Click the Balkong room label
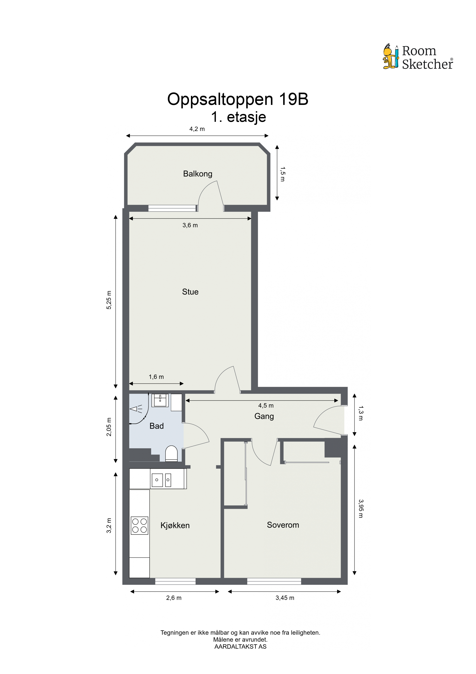(x=198, y=174)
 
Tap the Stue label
(x=190, y=292)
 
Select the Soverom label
(x=283, y=525)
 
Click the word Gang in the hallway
(x=264, y=416)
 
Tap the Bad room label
(x=157, y=426)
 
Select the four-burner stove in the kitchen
(x=139, y=525)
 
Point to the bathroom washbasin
(x=160, y=400)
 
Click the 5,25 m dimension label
(x=109, y=300)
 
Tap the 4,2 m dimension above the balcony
(x=197, y=129)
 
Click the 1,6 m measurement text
(x=156, y=377)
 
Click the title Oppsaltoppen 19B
(x=238, y=99)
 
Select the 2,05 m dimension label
(x=109, y=427)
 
